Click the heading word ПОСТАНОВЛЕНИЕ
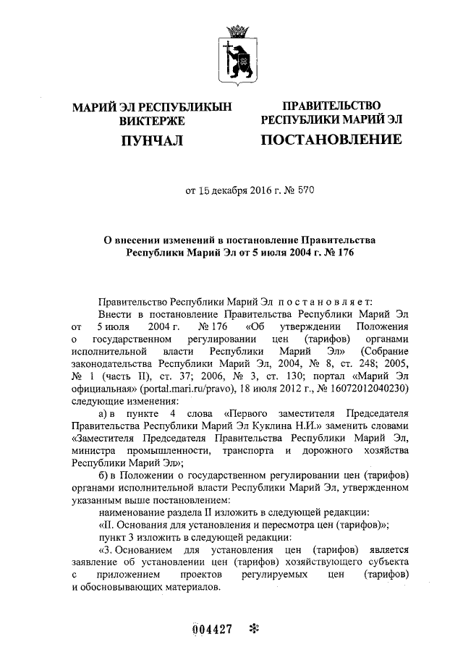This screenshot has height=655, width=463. click(x=331, y=139)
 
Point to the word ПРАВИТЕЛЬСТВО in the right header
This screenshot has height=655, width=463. click(x=331, y=106)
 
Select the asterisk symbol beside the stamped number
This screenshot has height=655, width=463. click(x=252, y=628)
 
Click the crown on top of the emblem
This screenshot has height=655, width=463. click(x=237, y=30)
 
